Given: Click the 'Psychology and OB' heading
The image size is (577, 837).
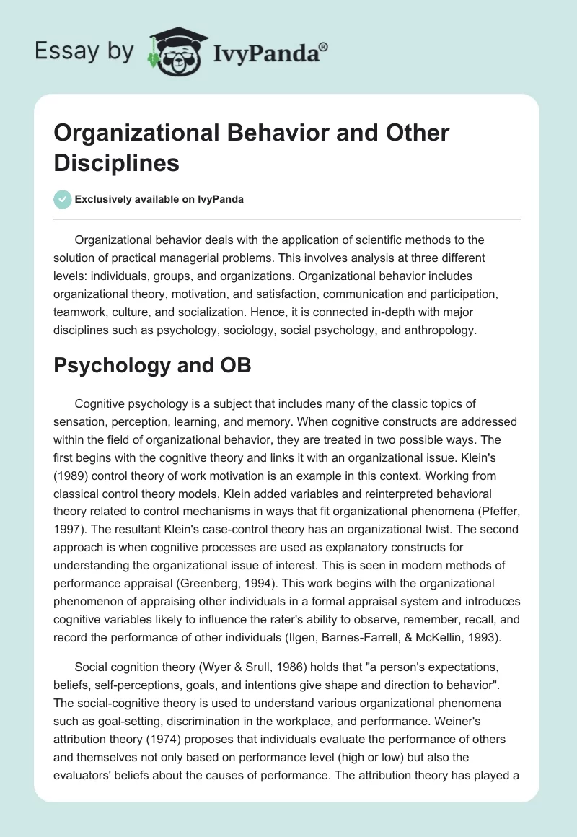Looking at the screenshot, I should tap(153, 365).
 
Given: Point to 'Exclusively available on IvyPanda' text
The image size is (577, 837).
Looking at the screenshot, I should tap(159, 199).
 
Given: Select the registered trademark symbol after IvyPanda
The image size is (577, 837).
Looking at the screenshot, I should tap(324, 45).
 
